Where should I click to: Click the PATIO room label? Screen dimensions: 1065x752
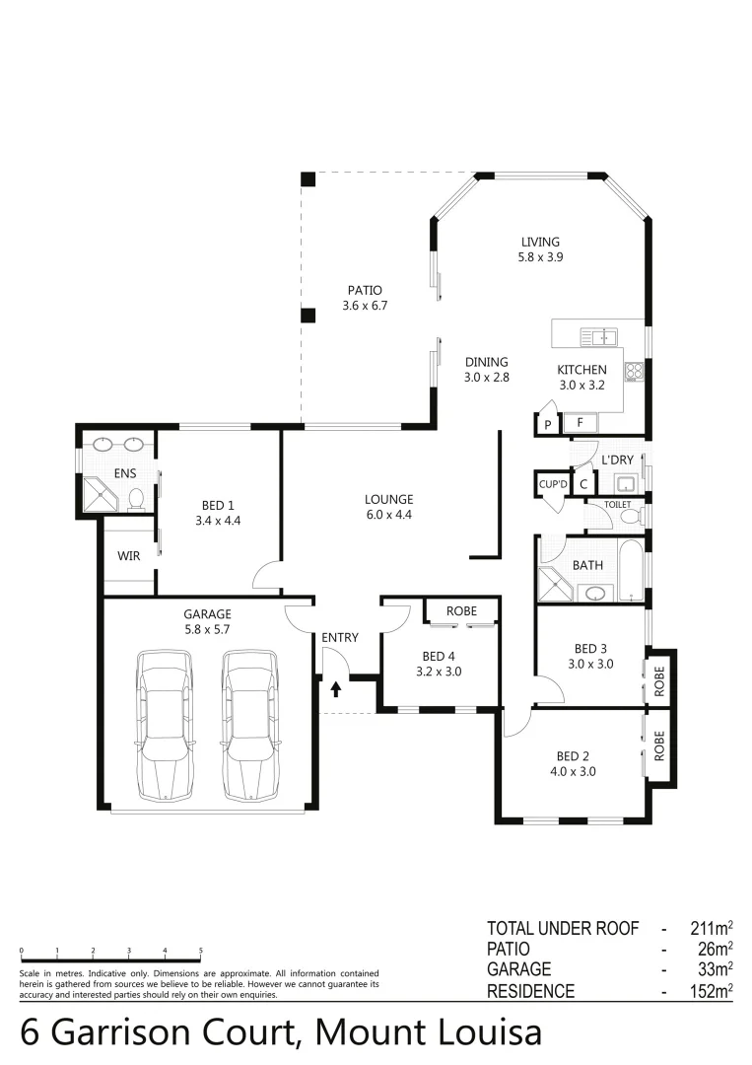point(364,290)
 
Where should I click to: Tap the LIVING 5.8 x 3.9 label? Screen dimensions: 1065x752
point(540,242)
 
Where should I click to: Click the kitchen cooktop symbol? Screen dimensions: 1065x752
point(633,372)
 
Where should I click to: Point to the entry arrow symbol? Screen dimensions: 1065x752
point(336,687)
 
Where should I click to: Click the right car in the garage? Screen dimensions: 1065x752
point(249,724)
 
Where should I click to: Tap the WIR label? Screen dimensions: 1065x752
point(128,556)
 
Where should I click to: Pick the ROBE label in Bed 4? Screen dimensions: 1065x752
point(461,611)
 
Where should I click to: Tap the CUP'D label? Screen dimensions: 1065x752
point(552,483)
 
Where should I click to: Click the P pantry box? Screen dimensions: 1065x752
point(545,425)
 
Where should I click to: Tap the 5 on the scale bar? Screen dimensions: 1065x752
point(201,951)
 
